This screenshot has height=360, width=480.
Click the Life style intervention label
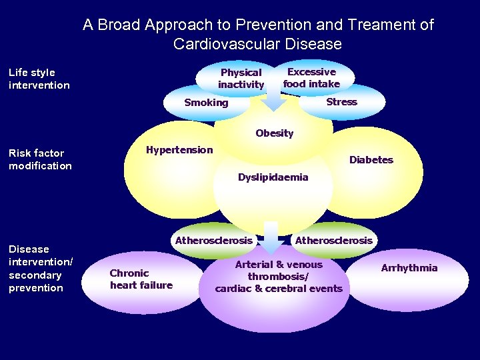[x=39, y=79]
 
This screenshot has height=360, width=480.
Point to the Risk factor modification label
[x=39, y=159]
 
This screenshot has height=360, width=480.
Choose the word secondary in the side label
[x=35, y=275]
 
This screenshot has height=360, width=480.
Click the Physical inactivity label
[x=241, y=78]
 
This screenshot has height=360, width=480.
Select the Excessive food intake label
[x=311, y=77]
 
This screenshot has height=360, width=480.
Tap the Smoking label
[x=206, y=103]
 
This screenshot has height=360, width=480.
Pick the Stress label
[x=341, y=102]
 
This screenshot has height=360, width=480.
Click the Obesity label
[x=274, y=133]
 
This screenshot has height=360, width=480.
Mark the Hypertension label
[x=179, y=150]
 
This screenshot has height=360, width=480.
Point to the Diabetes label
[x=371, y=160]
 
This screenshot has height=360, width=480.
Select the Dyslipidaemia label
[x=273, y=177]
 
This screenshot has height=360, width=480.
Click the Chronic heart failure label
[x=141, y=279]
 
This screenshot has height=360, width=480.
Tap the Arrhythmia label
[x=409, y=268]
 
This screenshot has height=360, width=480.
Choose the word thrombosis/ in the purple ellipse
[x=278, y=277]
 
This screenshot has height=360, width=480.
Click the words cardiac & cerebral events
[x=278, y=289]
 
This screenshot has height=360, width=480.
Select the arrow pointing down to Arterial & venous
[x=271, y=237]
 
